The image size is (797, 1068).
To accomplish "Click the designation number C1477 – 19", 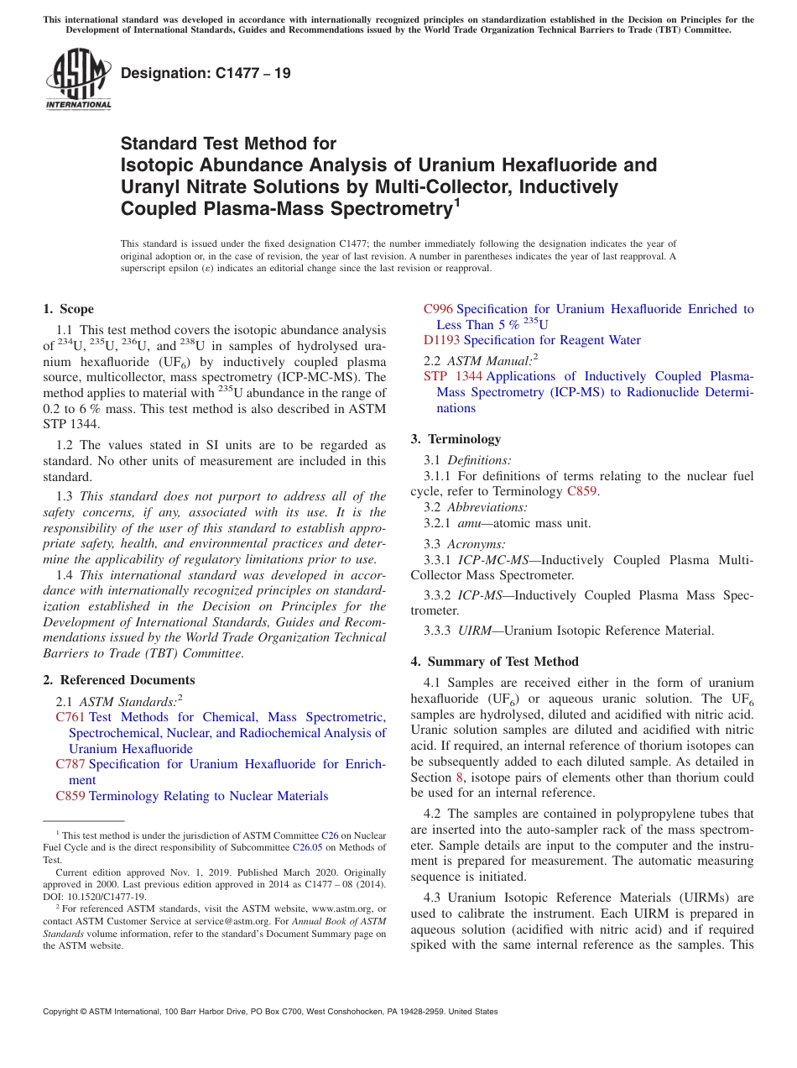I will click(x=206, y=73).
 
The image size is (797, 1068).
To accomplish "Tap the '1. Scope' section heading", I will click(x=68, y=309).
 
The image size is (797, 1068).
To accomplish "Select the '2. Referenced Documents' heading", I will click(x=118, y=680).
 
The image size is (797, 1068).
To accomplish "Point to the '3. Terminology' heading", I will click(x=456, y=438).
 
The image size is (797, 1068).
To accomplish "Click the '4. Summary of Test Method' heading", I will click(x=494, y=662).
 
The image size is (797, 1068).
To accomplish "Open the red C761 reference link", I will click(x=70, y=717).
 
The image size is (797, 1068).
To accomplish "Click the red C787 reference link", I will click(x=70, y=764).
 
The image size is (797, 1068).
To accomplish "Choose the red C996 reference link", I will click(x=438, y=309).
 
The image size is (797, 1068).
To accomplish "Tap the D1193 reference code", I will click(x=441, y=340).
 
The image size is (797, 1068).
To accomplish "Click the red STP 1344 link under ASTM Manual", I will click(x=452, y=376).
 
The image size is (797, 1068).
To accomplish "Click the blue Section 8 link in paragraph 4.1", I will click(x=459, y=777).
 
